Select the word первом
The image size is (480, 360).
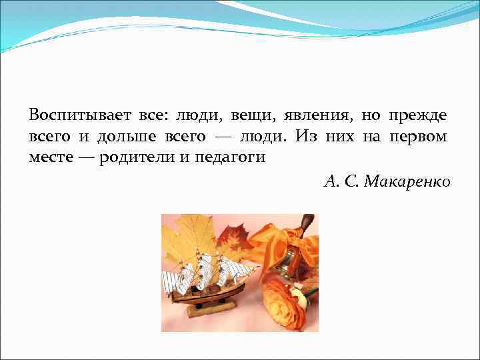tap(421, 137)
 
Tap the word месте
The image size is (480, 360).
tap(49, 159)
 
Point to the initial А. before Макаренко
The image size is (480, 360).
tap(331, 181)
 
